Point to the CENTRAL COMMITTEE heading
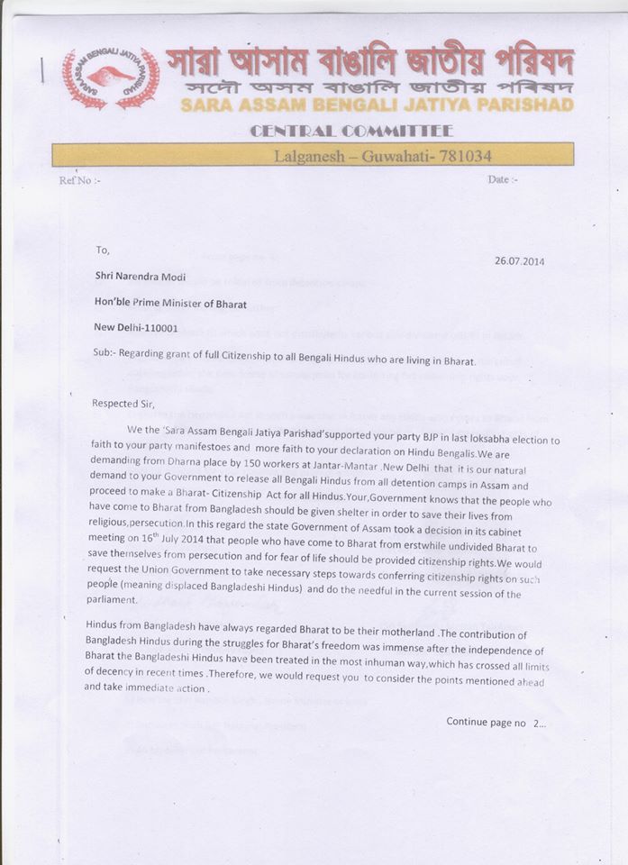pos(351,132)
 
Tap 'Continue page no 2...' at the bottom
pos(496,723)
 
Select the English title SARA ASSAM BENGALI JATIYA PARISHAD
pos(377,106)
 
